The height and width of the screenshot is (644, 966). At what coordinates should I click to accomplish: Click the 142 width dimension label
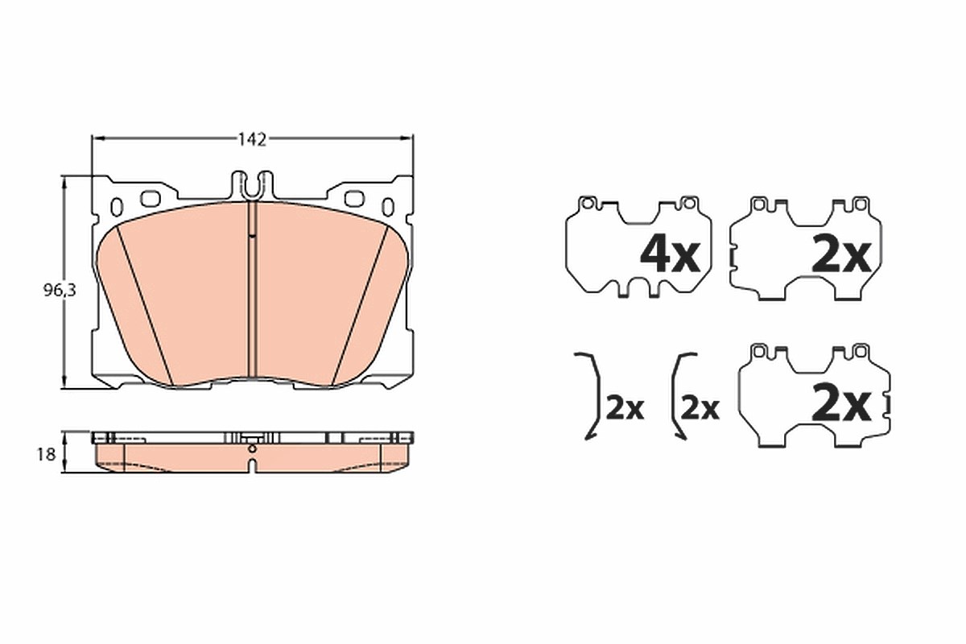point(252,139)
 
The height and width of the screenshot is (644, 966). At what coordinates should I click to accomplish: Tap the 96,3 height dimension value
point(60,291)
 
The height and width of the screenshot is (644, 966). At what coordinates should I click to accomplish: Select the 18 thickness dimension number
point(47,454)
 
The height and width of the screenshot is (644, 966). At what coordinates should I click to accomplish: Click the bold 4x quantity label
point(670,256)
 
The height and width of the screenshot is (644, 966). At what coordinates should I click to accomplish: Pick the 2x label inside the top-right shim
point(841,256)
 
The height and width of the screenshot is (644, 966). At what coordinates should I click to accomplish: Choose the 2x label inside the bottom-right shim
point(841,404)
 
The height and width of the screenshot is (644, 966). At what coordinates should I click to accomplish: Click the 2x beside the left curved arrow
point(625,408)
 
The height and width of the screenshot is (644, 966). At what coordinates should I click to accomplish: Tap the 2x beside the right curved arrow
point(700,408)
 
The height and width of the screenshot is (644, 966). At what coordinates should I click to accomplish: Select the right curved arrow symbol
point(673,397)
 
